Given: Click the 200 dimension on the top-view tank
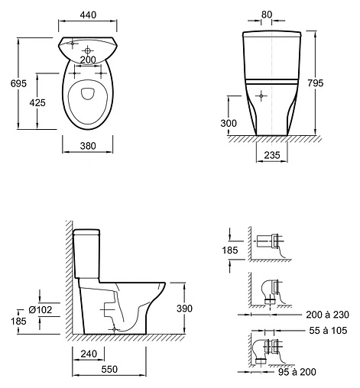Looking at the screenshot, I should [89, 59].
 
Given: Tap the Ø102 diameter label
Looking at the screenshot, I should [39, 309].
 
